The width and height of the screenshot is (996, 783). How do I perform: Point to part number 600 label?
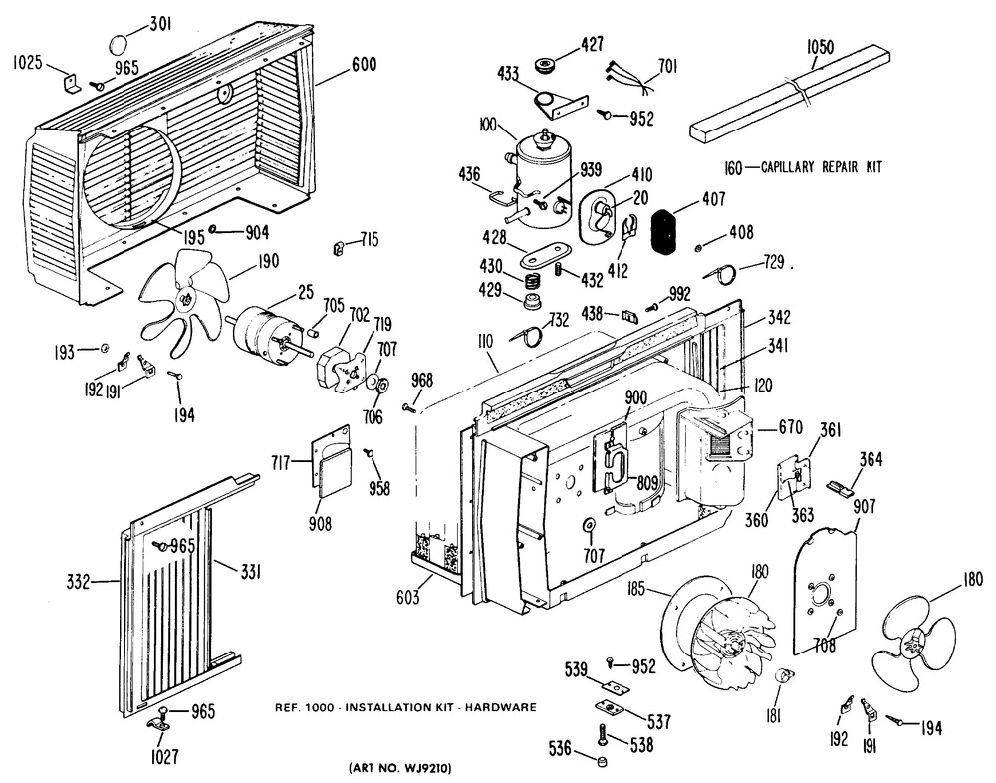[365, 66]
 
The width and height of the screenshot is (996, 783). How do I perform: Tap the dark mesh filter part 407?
[668, 233]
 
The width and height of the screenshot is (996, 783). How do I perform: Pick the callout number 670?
[791, 429]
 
